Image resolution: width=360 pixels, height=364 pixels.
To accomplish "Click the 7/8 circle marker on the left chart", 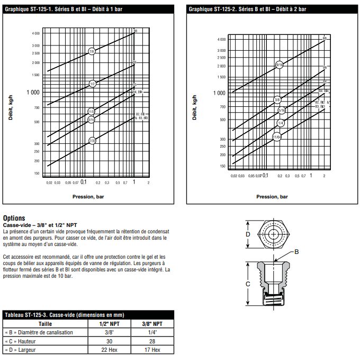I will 92,52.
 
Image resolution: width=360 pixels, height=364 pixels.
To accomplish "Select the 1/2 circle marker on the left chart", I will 92,84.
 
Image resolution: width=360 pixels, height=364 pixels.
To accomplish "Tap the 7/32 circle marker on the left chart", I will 92,141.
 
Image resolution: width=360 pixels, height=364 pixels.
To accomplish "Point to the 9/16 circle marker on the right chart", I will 280,65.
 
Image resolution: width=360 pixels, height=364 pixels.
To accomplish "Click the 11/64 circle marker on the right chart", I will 276,137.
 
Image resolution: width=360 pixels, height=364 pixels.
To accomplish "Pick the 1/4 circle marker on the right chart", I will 281,123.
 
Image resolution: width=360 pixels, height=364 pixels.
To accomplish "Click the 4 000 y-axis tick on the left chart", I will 35,34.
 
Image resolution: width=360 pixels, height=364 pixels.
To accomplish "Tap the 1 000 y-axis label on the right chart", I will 219,93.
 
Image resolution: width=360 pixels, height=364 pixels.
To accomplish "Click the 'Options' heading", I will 14,217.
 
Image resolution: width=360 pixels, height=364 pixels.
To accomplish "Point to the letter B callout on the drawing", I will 296,252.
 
